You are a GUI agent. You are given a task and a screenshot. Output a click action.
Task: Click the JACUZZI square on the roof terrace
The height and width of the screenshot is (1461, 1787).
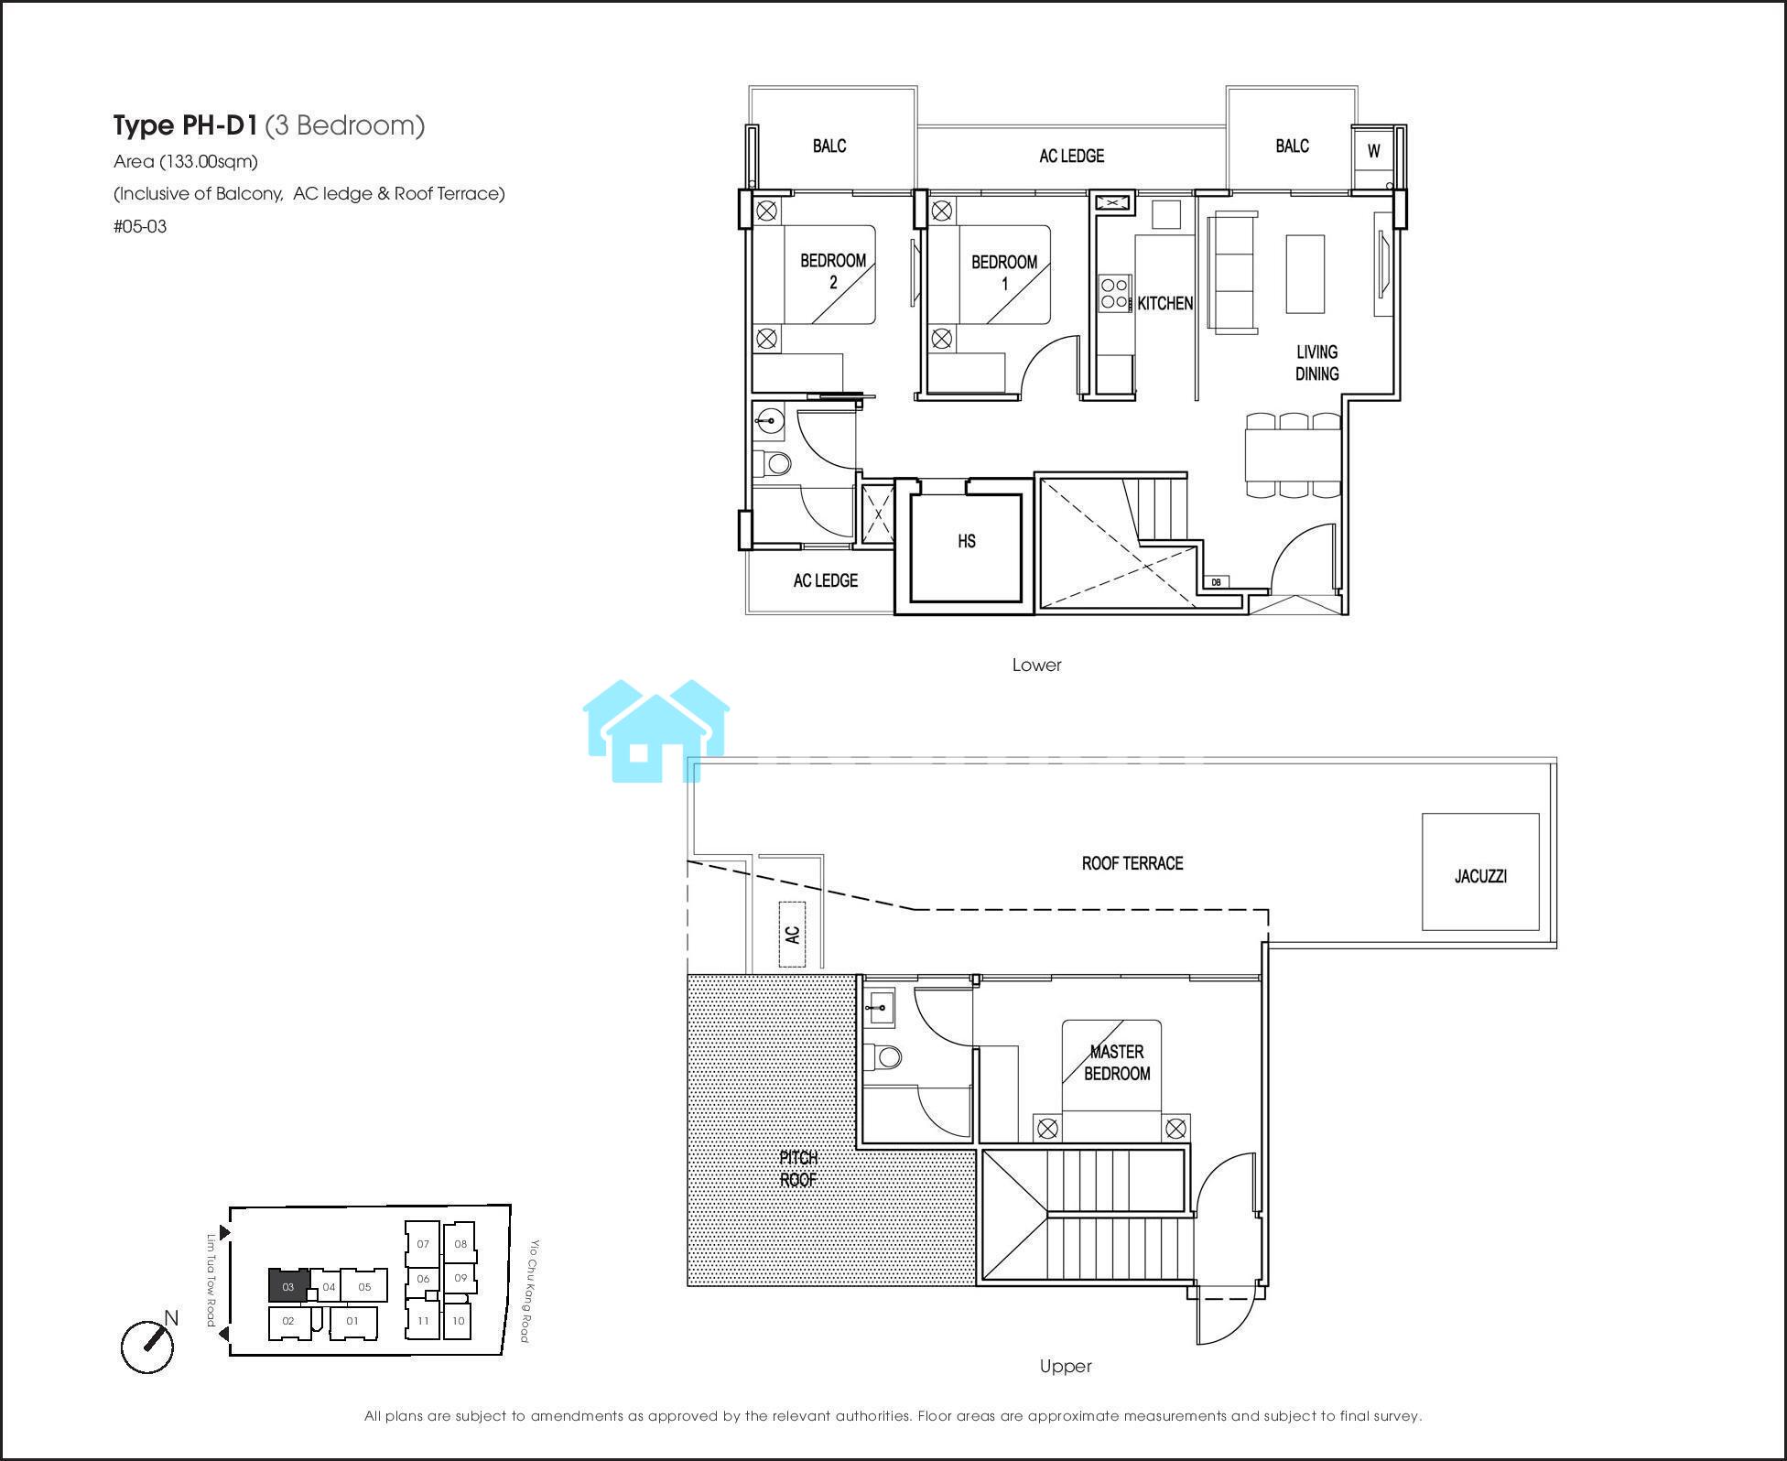(1479, 871)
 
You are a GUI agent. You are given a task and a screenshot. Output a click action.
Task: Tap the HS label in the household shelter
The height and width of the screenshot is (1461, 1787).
(967, 541)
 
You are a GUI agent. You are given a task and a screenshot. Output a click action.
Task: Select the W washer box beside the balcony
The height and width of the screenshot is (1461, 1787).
(1373, 151)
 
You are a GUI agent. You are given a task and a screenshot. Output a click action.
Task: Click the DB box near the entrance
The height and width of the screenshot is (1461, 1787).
(1216, 581)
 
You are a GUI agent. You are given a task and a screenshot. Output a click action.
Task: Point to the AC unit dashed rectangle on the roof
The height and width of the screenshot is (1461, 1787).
(792, 934)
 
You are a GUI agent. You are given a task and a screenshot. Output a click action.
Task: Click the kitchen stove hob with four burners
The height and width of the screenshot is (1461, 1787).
(1115, 294)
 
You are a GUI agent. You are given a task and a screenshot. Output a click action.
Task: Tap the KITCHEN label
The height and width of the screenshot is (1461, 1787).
(1164, 303)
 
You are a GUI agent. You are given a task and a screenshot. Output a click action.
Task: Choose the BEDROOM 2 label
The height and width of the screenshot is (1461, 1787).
(833, 271)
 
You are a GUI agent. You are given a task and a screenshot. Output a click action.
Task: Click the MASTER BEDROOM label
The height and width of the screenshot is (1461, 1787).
(1117, 1062)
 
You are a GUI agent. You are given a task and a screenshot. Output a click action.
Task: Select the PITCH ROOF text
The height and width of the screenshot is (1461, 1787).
(798, 1169)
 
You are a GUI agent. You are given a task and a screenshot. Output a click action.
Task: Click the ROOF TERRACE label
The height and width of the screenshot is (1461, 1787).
(1132, 863)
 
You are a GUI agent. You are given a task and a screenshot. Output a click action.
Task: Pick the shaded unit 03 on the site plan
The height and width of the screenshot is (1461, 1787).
(288, 1285)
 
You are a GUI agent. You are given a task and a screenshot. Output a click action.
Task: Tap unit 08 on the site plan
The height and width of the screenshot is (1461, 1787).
(460, 1243)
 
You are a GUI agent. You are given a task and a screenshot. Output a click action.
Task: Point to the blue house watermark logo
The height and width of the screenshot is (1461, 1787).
(655, 730)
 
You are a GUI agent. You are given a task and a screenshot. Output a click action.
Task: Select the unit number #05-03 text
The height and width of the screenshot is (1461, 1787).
(140, 226)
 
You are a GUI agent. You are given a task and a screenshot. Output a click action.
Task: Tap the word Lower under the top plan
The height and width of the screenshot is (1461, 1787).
(1036, 666)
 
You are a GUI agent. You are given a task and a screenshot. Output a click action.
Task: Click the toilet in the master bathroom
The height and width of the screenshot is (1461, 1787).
(882, 1057)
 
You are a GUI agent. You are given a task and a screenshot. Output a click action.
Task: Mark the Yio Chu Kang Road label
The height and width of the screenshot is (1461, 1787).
(529, 1291)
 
